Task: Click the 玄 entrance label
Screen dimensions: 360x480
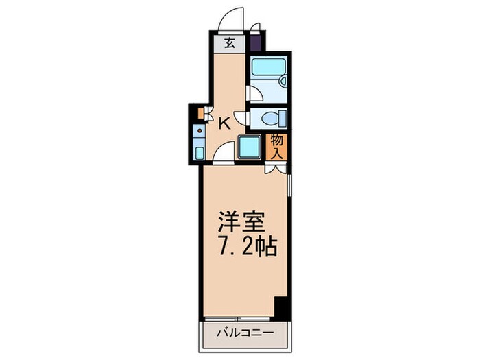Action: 230,43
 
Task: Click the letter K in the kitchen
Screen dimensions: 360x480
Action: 224,124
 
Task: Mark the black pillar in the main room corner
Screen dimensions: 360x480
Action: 279,307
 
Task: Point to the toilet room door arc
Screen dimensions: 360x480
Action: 241,119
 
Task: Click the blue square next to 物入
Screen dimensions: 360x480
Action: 248,146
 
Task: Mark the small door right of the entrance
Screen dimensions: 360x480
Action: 255,29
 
